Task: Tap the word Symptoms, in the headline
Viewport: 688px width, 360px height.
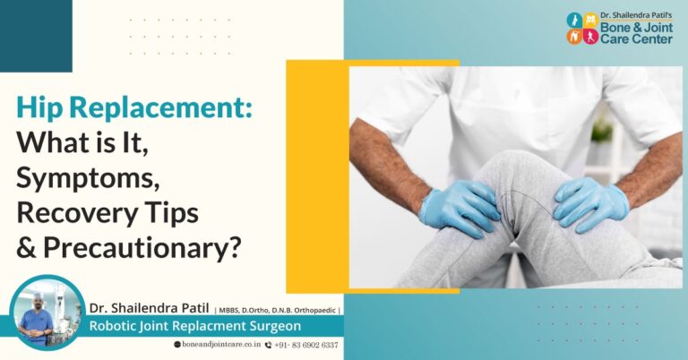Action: (x=88, y=178)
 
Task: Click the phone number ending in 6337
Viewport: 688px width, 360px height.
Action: (x=306, y=346)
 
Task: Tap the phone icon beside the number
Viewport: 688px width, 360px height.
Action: (x=268, y=346)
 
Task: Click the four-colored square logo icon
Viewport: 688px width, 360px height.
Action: (x=582, y=28)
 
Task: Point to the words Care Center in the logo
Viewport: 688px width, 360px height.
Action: (x=636, y=40)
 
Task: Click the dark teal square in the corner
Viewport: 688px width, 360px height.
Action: (x=35, y=35)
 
